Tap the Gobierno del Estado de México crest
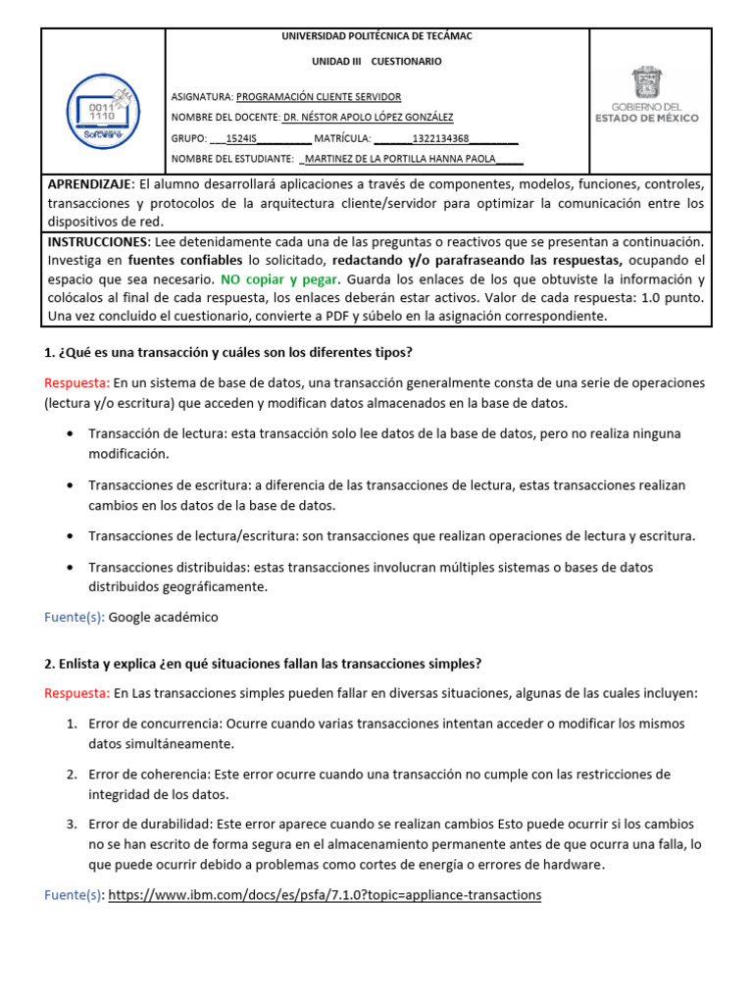tap(646, 81)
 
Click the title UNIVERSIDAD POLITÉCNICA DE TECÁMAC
tap(376, 36)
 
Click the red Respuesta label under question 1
tap(77, 382)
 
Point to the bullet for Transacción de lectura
tap(74, 433)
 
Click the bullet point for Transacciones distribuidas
tap(74, 567)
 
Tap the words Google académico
tap(164, 617)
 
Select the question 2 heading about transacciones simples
tap(263, 664)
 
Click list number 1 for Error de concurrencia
tap(72, 724)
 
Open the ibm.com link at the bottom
tap(325, 895)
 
